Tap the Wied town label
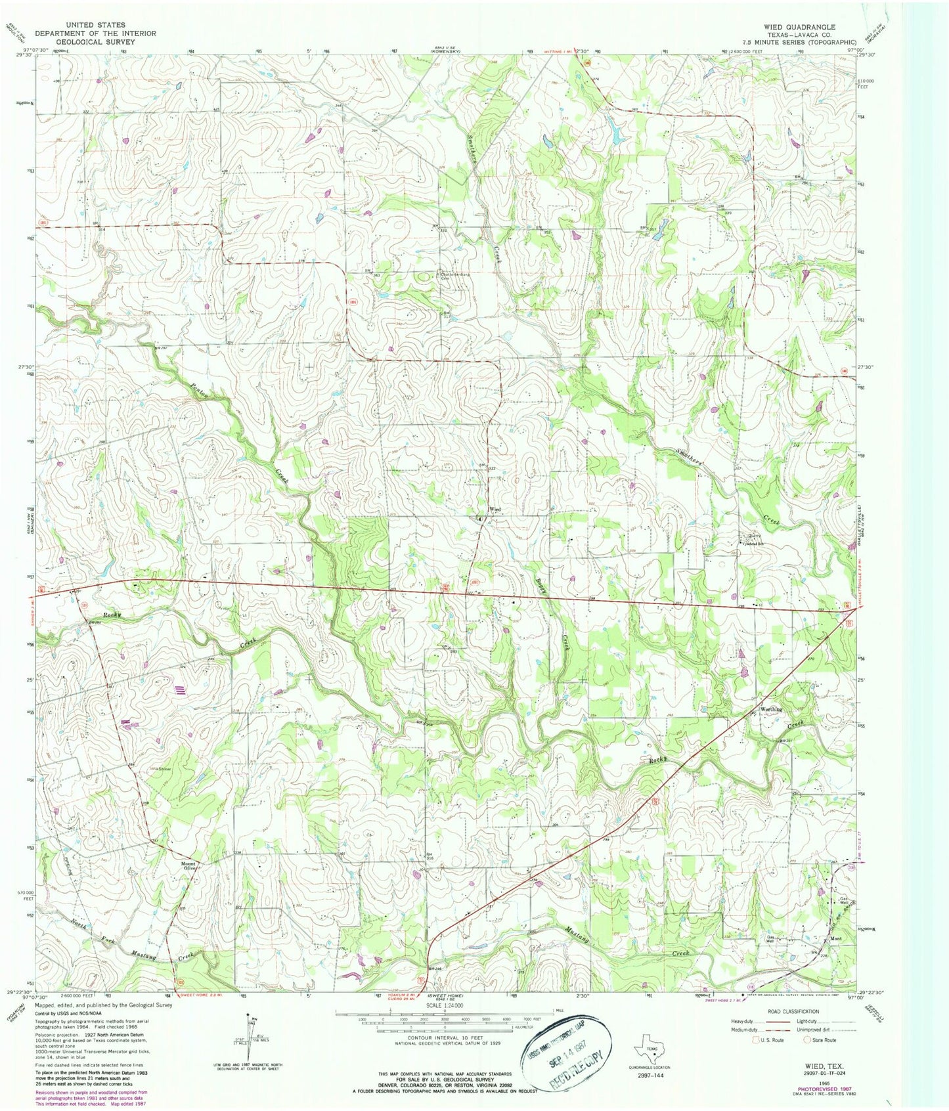coord(495,510)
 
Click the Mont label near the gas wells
coord(835,939)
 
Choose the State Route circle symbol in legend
coord(808,1058)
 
